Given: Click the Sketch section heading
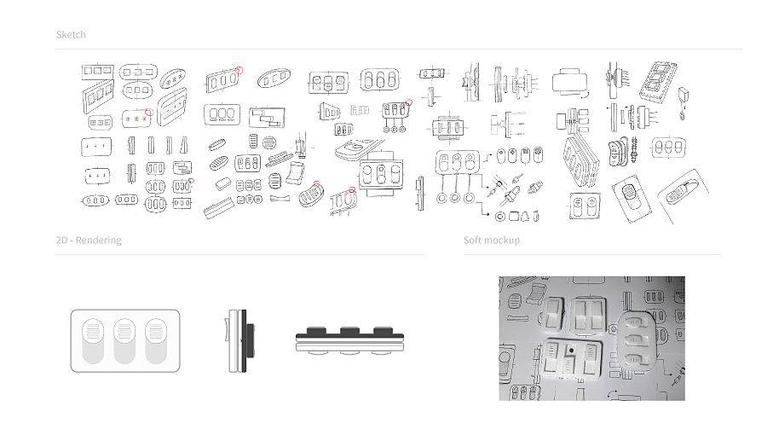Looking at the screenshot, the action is (71, 34).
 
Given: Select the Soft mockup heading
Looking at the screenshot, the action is (492, 241).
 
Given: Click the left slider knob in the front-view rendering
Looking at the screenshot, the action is (93, 329).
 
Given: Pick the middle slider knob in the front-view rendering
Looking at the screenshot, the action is (124, 329).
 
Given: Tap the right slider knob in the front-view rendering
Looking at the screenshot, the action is (156, 329).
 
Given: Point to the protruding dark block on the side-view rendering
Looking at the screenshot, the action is (251, 340).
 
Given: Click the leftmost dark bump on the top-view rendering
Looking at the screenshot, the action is (316, 330).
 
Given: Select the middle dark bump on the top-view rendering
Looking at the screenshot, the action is (349, 330).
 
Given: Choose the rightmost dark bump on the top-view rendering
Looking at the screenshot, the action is (383, 330).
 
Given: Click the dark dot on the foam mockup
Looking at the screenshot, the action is (571, 351).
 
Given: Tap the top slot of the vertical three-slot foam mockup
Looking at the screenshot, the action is (635, 323).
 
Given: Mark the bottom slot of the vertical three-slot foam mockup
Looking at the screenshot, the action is (636, 358).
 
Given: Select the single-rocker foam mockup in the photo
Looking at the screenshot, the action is (555, 313).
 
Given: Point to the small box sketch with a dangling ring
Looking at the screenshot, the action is (683, 102).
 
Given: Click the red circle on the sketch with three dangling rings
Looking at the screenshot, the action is (409, 102).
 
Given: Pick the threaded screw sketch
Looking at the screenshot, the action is (634, 150).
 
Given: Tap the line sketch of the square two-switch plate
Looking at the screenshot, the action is (585, 206).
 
